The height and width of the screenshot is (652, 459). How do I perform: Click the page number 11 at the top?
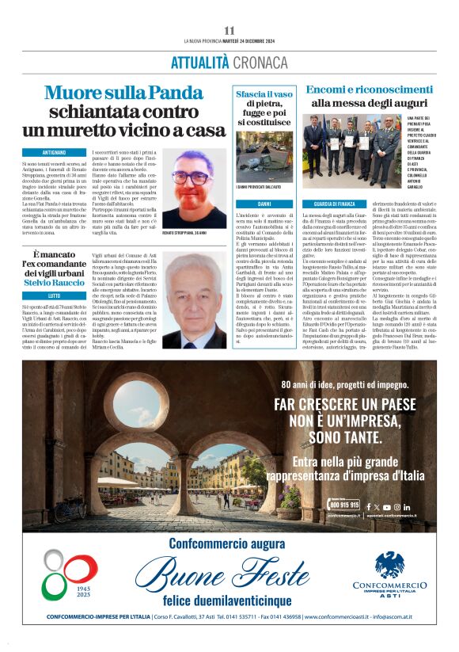[229, 30]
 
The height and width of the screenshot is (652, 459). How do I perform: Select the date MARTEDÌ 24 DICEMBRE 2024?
[249, 41]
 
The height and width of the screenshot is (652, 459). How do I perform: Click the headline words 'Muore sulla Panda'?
[123, 92]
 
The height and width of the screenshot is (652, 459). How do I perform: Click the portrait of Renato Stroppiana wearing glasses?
[194, 189]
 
